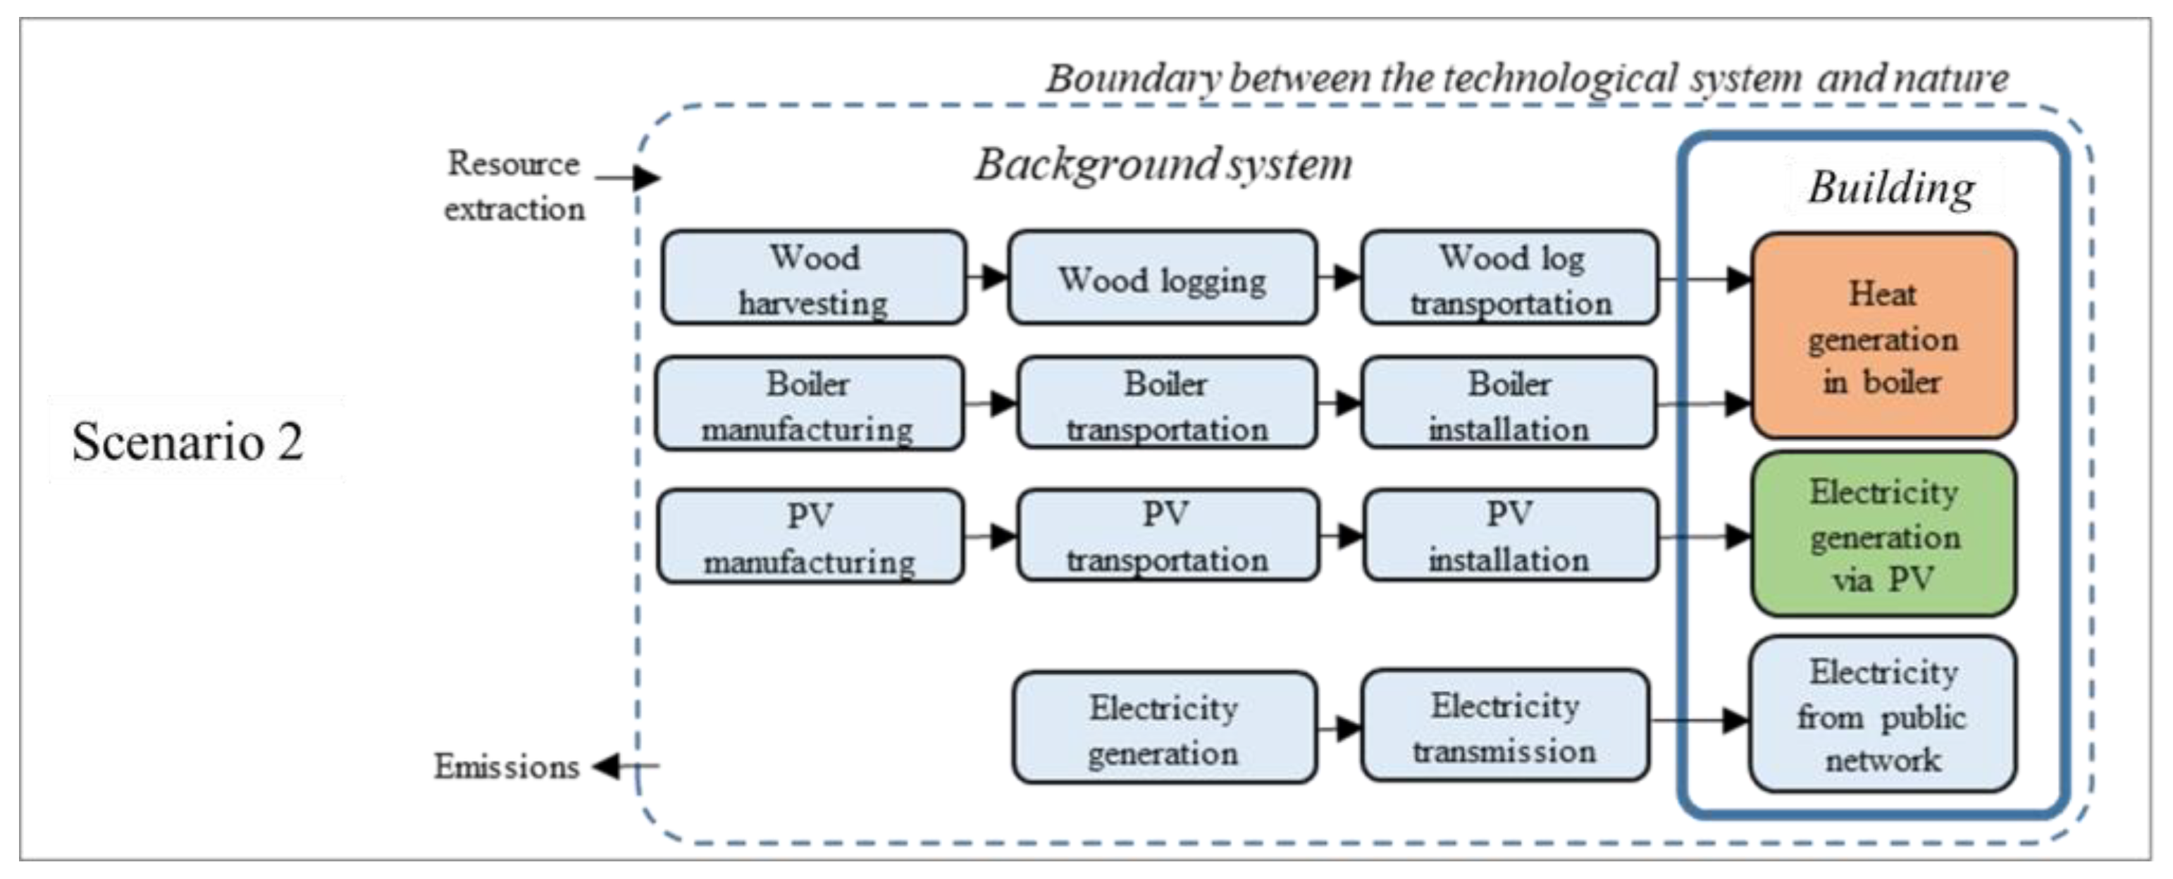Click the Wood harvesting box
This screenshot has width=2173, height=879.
click(x=814, y=278)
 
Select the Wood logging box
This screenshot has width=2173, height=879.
click(x=1163, y=278)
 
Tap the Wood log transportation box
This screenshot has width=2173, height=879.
click(x=1510, y=278)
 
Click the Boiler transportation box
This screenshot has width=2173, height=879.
click(x=1167, y=404)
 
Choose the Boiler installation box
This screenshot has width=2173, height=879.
click(x=1509, y=404)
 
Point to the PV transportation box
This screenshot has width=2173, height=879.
click(x=1168, y=536)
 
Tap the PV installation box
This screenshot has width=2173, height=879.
click(x=1510, y=536)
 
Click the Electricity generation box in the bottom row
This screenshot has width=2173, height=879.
click(x=1164, y=728)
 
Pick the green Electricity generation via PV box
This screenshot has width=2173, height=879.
click(x=1883, y=535)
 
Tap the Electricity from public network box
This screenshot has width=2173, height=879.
click(x=1883, y=715)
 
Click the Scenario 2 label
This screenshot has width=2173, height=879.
click(x=187, y=441)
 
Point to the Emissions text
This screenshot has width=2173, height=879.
click(x=506, y=767)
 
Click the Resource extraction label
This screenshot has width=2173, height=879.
click(x=514, y=185)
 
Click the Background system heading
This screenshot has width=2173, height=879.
click(x=1163, y=164)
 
